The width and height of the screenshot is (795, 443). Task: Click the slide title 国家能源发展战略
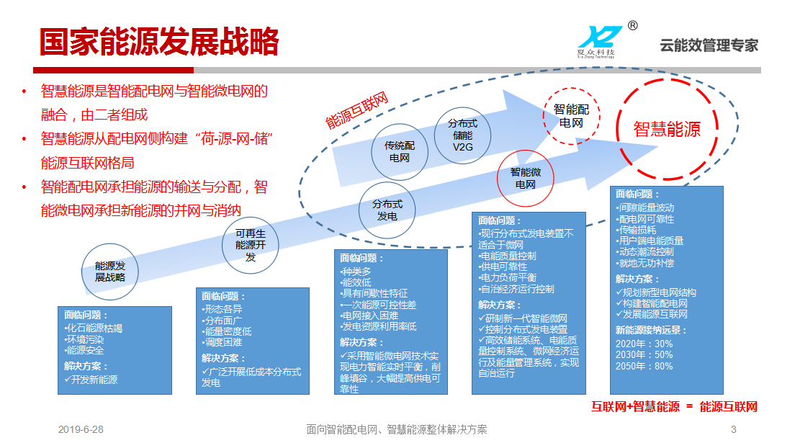(x=159, y=42)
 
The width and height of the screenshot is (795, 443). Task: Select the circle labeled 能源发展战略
(x=110, y=272)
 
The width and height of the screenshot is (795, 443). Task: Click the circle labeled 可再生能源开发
(x=251, y=245)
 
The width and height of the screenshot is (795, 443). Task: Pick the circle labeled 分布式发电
(x=387, y=210)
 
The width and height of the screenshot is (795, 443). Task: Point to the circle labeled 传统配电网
(x=400, y=152)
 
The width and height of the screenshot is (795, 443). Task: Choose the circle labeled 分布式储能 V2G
(x=462, y=135)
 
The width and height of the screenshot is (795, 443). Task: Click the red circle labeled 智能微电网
(x=525, y=178)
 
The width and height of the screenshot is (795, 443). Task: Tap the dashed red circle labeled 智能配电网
(x=571, y=117)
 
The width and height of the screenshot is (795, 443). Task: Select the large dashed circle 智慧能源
(x=667, y=130)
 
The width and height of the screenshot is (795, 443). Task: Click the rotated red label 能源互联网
(x=356, y=111)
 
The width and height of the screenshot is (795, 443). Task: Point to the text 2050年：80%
(x=644, y=367)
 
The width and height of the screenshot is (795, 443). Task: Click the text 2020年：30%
(x=644, y=344)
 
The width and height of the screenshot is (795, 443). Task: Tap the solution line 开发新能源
(x=91, y=380)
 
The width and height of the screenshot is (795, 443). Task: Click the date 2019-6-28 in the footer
(x=81, y=430)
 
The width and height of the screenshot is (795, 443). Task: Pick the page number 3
(x=733, y=430)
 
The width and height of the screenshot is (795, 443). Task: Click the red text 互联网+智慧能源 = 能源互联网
(x=674, y=407)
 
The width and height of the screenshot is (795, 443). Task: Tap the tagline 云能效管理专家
(x=709, y=45)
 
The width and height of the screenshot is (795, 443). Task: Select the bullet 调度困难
(x=222, y=343)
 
